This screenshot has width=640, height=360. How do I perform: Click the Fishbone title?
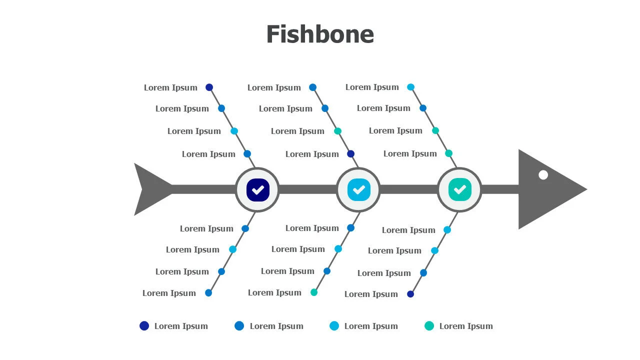[320, 34]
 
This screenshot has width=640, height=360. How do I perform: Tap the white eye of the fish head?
[543, 175]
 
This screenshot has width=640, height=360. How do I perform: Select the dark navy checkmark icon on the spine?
[258, 190]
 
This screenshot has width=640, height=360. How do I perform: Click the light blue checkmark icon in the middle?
[359, 190]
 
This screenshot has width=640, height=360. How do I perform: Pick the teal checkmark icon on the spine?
[460, 190]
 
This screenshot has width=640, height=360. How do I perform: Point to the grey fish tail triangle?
[150, 189]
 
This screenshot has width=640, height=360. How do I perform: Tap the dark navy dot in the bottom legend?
[144, 326]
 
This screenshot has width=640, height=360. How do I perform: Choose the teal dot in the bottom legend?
[429, 326]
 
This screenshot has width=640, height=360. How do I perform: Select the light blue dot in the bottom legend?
[334, 326]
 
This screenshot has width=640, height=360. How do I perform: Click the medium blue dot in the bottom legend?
[239, 326]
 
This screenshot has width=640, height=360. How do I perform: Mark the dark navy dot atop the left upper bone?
[209, 87]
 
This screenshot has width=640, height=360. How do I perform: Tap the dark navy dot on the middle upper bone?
[351, 154]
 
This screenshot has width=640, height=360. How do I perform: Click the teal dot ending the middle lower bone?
[314, 292]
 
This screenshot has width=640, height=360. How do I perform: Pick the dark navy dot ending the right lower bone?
[410, 294]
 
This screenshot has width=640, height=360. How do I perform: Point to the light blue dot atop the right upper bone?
[410, 87]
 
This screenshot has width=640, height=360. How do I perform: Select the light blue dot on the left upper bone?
[234, 131]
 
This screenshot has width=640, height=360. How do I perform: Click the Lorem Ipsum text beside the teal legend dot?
[466, 326]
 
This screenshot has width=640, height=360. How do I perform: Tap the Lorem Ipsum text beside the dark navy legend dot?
[181, 326]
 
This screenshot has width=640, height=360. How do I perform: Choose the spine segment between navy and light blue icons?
[307, 189]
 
